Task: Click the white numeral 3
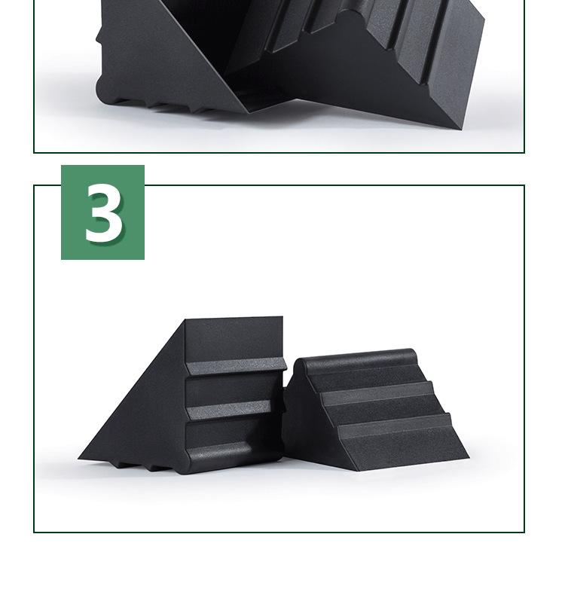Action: coord(104,212)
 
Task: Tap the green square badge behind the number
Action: coord(102,212)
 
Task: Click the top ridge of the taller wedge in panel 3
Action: coord(236,365)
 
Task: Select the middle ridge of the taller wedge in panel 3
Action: coord(229,410)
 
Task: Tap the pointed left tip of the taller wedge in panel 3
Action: coord(79,458)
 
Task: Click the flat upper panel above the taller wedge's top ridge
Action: coord(234,339)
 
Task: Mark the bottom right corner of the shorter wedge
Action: coord(469,457)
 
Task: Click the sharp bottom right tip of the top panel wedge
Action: coord(461,129)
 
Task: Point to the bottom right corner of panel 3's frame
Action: coord(524,533)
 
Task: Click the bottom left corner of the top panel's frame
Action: coord(34,152)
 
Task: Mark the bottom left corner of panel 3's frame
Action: coord(34,533)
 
